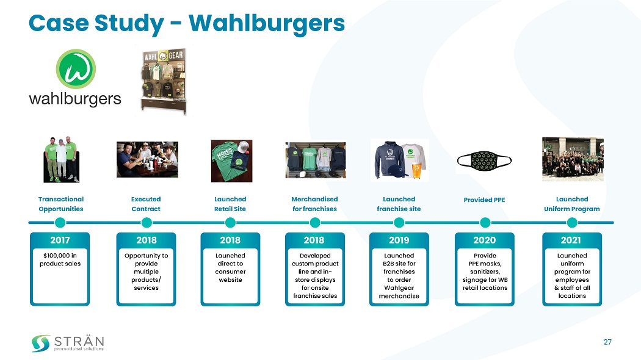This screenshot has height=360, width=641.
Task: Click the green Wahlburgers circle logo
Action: coord(76,68)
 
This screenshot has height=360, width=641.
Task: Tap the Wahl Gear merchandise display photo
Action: coord(164,79)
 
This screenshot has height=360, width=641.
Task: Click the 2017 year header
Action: coord(60,240)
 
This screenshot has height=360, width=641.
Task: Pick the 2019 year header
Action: coord(399,240)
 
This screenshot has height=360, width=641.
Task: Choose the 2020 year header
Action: coord(485,240)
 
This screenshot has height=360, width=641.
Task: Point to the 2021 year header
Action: coord(571,240)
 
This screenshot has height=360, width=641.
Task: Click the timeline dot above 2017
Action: coord(60,222)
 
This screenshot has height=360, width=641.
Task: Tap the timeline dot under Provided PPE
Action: coord(485,222)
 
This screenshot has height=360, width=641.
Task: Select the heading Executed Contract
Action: coord(146,204)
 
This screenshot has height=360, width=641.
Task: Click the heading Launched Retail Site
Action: coord(230,204)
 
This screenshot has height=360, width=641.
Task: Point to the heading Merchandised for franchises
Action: coord(314,204)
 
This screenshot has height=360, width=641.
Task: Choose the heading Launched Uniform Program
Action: coord(572,204)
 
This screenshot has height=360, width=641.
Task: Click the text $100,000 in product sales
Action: coord(60,259)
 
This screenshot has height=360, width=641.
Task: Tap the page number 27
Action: coord(607,342)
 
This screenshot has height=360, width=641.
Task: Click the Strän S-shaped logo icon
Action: coord(41,343)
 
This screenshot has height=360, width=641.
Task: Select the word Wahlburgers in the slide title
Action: coord(267,23)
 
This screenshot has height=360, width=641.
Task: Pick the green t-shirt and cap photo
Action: coord(231,161)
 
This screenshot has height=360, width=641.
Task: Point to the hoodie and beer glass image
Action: coord(400,160)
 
